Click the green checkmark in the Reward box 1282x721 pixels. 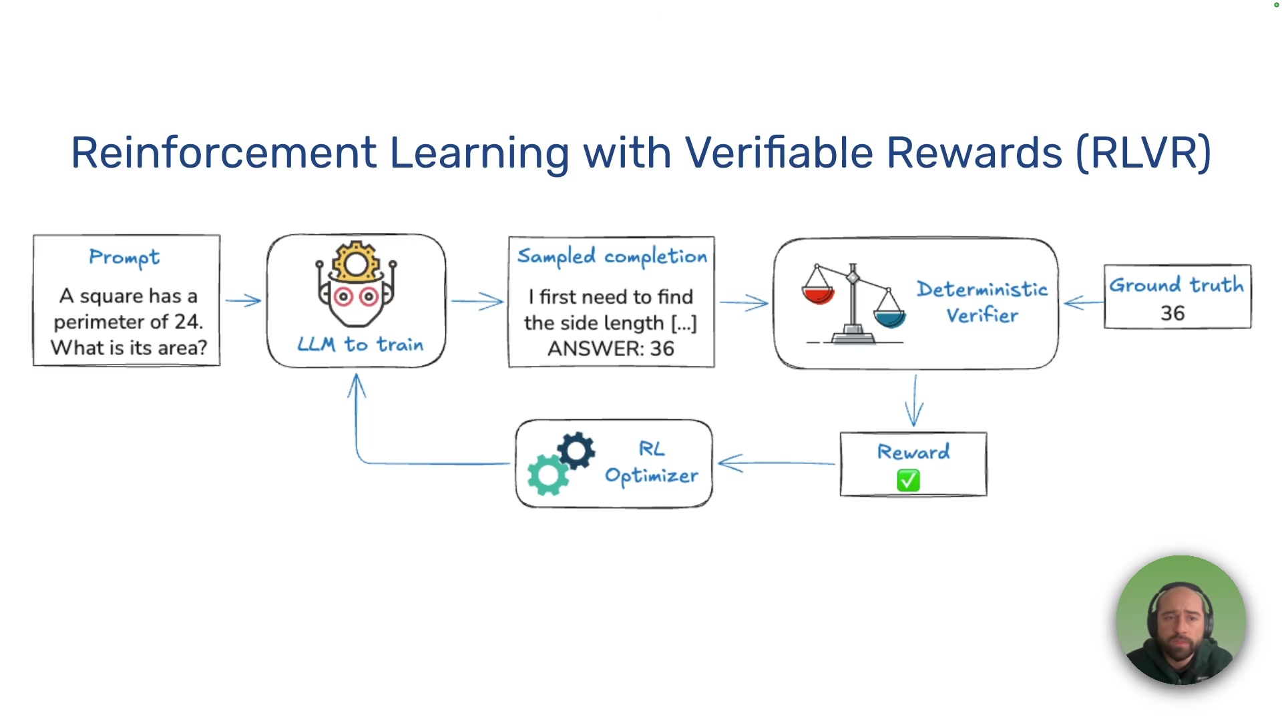[908, 480]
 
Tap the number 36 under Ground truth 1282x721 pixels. [1172, 313]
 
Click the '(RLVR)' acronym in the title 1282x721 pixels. [1143, 153]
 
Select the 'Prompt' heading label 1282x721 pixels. [124, 258]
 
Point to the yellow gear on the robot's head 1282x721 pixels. [356, 262]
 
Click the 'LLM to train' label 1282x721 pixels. [360, 344]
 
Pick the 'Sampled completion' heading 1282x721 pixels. [612, 256]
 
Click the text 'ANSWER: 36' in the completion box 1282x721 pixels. [610, 348]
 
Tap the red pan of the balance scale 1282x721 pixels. [818, 294]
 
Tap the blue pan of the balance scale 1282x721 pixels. [889, 318]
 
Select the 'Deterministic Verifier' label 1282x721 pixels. [982, 302]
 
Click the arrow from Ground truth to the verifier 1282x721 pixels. [1082, 304]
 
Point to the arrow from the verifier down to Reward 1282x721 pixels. [914, 401]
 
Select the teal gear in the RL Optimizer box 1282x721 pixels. [548, 474]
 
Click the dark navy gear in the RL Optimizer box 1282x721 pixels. [576, 451]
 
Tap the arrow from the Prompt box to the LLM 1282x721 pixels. [243, 301]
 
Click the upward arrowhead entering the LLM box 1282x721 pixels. [357, 385]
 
